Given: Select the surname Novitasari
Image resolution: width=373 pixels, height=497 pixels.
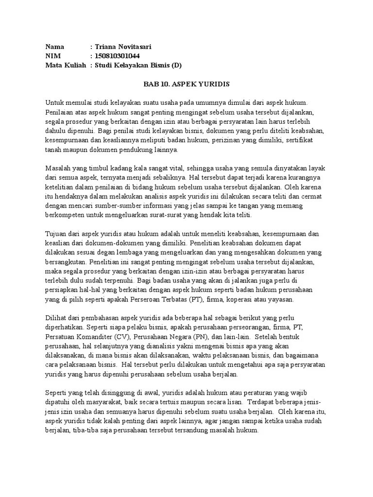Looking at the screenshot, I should pos(134,47).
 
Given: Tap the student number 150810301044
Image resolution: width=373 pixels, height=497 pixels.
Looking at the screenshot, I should pos(119,56).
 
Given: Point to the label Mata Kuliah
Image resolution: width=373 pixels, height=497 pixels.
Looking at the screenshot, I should pos(66,66).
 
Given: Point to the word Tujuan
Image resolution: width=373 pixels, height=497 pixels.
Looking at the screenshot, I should pos(56,233).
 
